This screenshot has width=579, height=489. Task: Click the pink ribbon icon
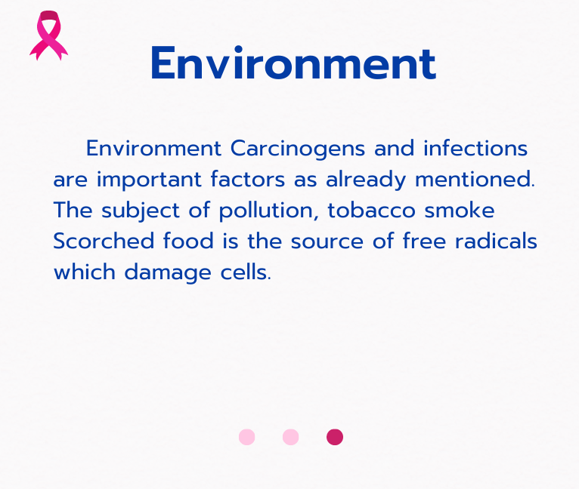(48, 35)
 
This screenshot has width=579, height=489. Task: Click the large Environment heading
(293, 64)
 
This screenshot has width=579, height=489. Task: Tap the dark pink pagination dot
(335, 437)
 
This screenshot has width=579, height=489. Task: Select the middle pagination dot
(290, 437)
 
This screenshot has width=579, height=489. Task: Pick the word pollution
(269, 211)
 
